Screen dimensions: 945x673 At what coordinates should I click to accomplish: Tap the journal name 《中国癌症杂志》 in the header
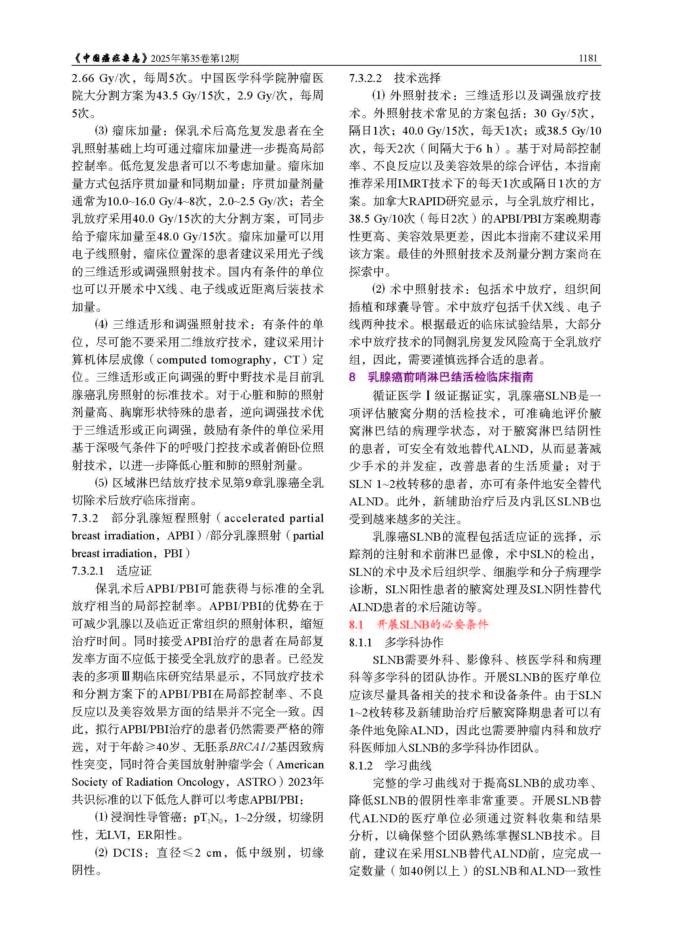click(x=110, y=58)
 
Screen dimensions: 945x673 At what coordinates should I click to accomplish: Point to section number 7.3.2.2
click(x=365, y=78)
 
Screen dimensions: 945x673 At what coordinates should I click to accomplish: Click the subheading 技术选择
click(x=417, y=78)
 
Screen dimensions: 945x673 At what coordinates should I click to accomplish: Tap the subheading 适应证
click(x=134, y=571)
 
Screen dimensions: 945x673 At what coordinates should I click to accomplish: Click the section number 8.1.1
click(x=360, y=642)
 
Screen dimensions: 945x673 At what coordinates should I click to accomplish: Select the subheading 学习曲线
click(x=408, y=765)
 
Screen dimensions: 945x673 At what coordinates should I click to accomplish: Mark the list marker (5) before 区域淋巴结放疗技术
click(x=102, y=482)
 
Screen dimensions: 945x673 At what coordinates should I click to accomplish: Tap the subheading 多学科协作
click(x=413, y=642)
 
